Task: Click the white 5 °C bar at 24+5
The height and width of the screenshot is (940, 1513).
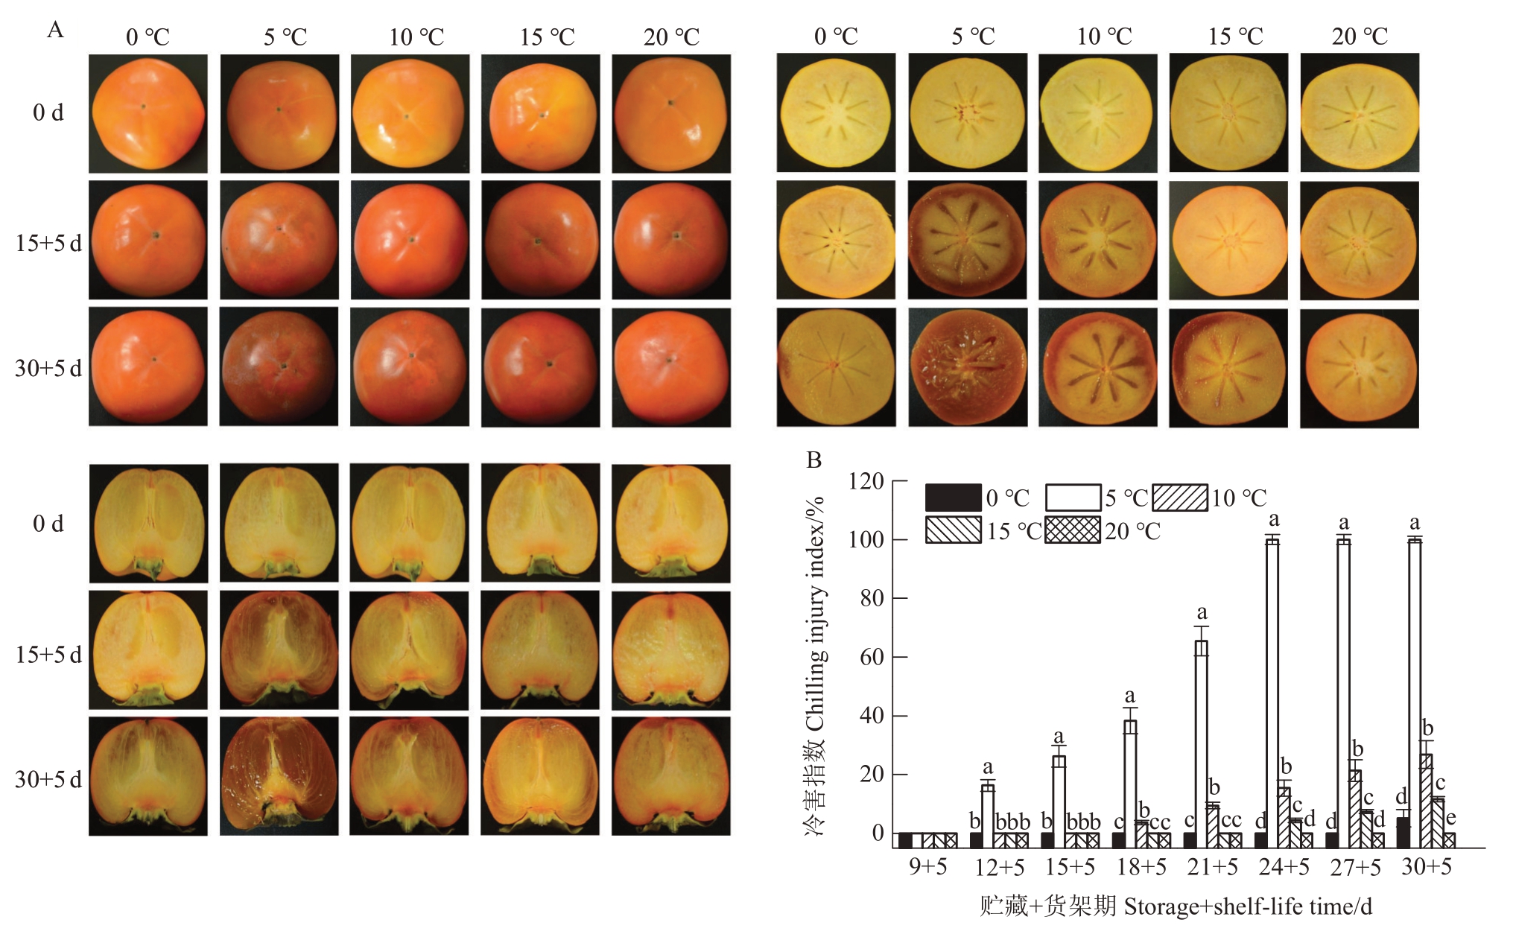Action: pos(1272,693)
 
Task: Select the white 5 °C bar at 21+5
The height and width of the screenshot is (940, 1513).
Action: pos(1202,745)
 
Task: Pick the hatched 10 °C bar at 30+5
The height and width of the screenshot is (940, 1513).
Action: pos(1427,801)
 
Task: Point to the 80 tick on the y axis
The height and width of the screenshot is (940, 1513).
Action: pos(893,598)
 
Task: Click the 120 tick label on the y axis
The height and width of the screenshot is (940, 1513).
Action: pos(866,481)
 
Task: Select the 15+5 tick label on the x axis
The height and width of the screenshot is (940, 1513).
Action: pos(1070,867)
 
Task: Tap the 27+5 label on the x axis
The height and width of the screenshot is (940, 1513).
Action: pos(1355,867)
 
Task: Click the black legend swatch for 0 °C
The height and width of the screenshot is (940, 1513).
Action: pos(953,498)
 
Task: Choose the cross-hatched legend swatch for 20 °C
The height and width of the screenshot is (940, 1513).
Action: pos(1072,530)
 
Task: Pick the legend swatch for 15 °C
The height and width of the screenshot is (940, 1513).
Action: pos(953,530)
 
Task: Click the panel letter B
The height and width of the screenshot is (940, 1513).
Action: pos(813,460)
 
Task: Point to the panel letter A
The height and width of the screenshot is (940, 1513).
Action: pos(55,30)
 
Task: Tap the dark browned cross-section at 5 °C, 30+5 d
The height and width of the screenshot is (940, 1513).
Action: pos(968,368)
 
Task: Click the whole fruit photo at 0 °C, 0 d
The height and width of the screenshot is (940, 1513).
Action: pos(148,114)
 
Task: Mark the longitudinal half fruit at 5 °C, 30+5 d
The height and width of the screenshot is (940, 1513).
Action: pos(279,776)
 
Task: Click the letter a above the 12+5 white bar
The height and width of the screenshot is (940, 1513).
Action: pos(988,766)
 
